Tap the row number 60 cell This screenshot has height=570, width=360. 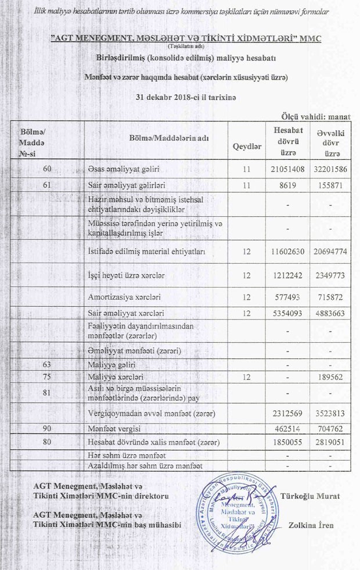[x=48, y=169]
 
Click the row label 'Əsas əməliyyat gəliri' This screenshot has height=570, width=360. [x=124, y=169]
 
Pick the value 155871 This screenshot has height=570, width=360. [x=331, y=185]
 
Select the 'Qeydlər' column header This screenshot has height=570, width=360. [x=247, y=146]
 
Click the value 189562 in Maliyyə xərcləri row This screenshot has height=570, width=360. [x=331, y=377]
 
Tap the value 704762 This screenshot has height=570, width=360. [x=331, y=429]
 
